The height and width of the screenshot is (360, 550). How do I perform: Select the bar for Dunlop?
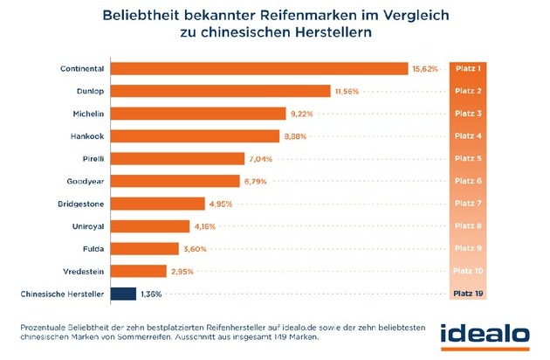coord(222,91)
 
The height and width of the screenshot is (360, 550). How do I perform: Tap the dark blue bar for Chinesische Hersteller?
coord(124,294)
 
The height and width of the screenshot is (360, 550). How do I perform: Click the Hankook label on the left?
coord(89,136)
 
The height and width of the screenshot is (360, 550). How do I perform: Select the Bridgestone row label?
coord(84,204)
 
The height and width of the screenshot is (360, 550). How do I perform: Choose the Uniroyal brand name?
coord(89,226)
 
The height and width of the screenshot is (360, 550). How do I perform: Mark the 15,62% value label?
coord(425,69)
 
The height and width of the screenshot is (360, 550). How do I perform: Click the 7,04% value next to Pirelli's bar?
coord(260,159)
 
